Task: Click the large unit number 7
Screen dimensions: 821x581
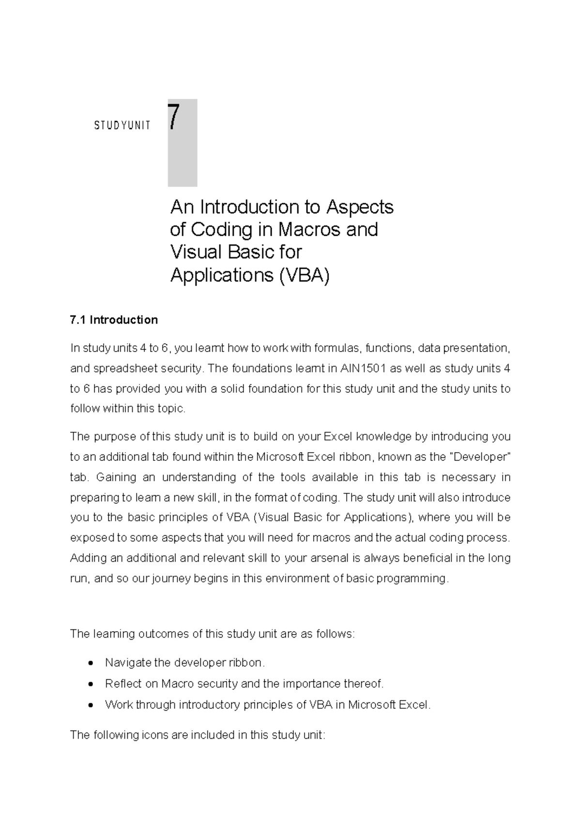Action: pos(175,118)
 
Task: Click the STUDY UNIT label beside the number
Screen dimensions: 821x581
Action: pos(122,126)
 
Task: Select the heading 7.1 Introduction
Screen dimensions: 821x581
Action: pos(114,320)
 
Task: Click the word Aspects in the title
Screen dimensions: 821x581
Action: pos(360,208)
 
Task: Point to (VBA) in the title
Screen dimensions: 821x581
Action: pos(304,275)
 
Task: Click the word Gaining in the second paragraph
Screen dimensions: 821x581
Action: pos(116,477)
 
